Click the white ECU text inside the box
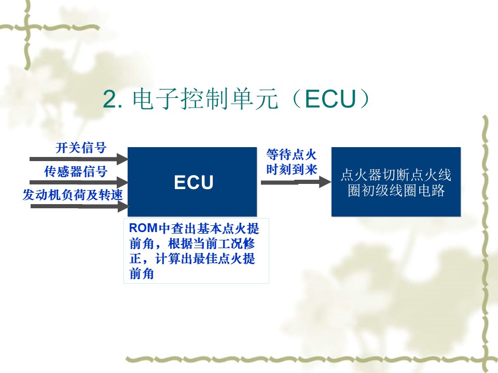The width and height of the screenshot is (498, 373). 193,182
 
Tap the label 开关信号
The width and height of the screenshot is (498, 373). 81,148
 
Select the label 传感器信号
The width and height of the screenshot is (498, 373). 76,171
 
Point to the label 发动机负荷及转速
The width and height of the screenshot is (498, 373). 73,195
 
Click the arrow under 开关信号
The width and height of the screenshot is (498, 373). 79,159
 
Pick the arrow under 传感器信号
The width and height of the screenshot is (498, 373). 79,182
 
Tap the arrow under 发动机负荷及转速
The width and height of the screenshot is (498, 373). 80,207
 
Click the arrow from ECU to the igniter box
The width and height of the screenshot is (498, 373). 296,182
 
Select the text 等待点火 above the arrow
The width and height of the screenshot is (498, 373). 292,154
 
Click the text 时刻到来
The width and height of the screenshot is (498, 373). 292,169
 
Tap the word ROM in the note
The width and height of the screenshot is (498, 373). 144,228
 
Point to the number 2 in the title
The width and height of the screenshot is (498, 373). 110,99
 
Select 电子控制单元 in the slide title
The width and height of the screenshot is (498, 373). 205,99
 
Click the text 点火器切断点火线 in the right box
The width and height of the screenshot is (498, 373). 396,175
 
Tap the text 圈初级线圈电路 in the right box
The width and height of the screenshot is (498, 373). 396,190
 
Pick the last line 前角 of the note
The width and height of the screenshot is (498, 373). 142,274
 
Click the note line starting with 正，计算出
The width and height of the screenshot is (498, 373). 192,259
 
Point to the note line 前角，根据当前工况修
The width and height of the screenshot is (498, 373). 192,243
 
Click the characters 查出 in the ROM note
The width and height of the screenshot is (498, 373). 184,228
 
